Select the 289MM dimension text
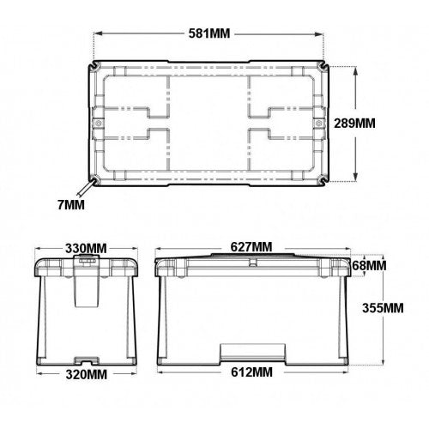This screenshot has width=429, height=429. coord(378,122)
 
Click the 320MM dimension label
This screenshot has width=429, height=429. coord(85,374)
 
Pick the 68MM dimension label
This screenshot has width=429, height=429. coord(371,266)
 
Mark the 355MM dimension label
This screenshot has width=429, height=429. coord(382,307)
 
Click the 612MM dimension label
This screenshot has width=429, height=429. coord(251,374)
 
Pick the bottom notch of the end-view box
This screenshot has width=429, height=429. coord(85,358)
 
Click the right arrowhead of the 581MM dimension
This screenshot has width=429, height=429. coord(323,34)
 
